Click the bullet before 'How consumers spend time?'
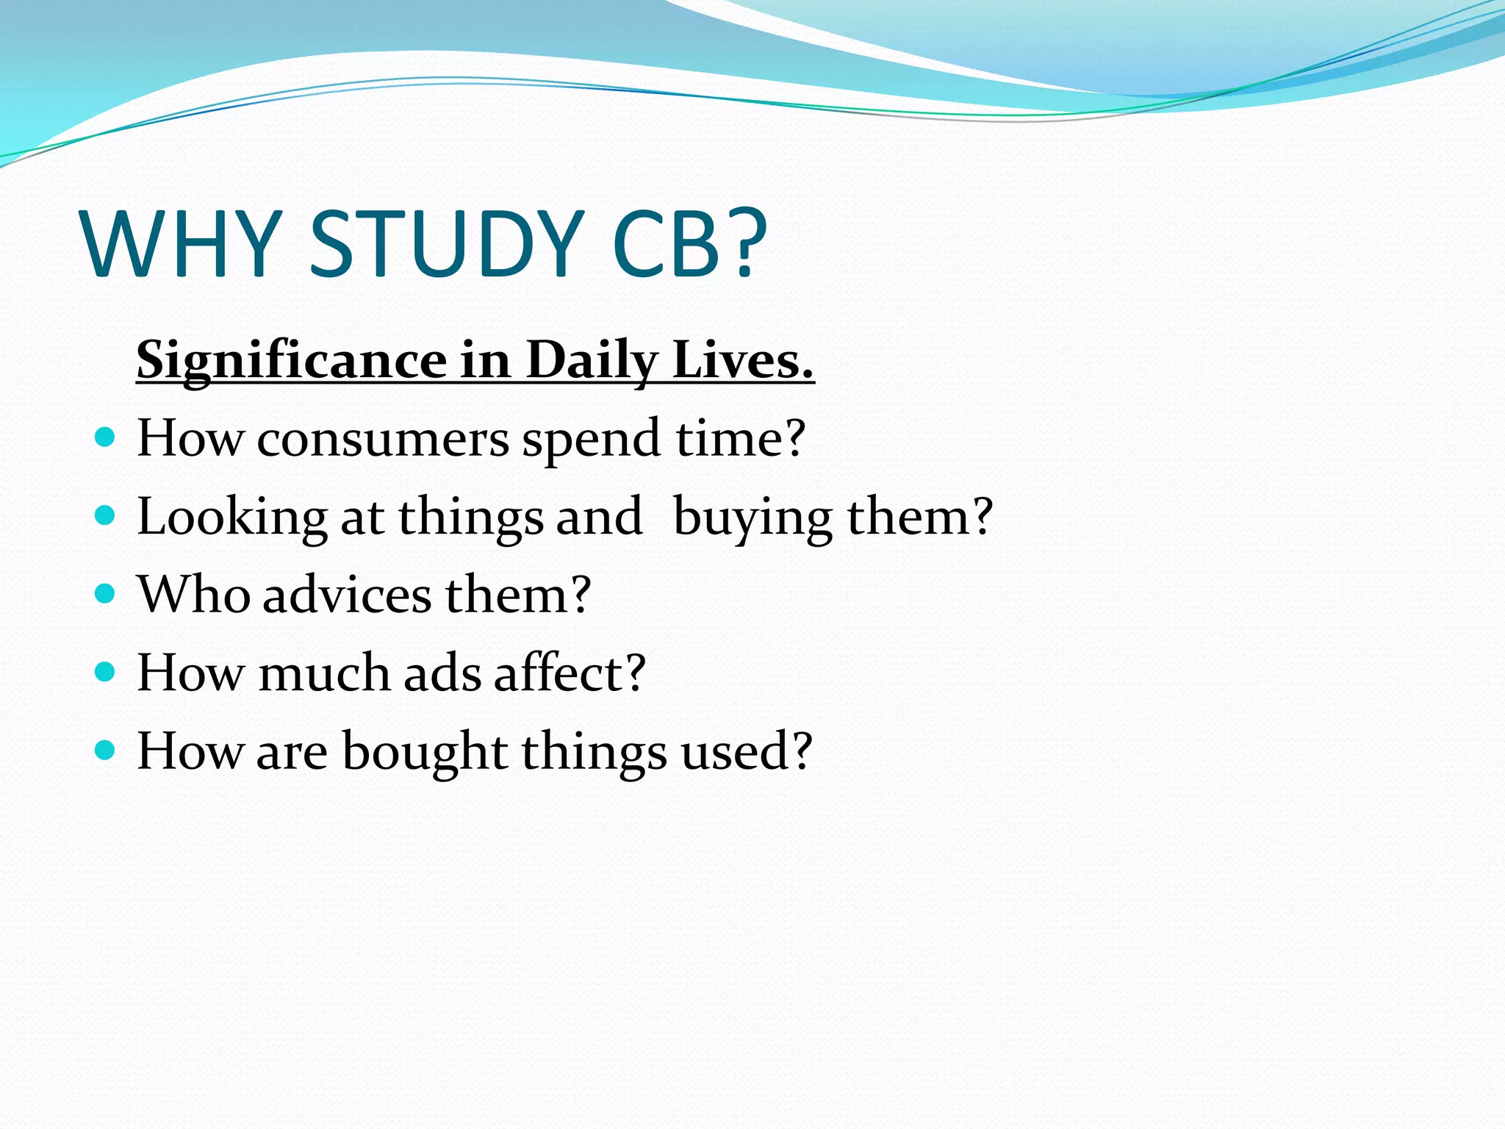point(106,438)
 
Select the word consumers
point(382,440)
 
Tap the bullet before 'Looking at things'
point(106,516)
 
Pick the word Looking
point(232,517)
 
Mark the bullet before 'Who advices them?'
point(106,594)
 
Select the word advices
point(347,595)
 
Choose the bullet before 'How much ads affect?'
point(106,672)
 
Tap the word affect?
point(570,673)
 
